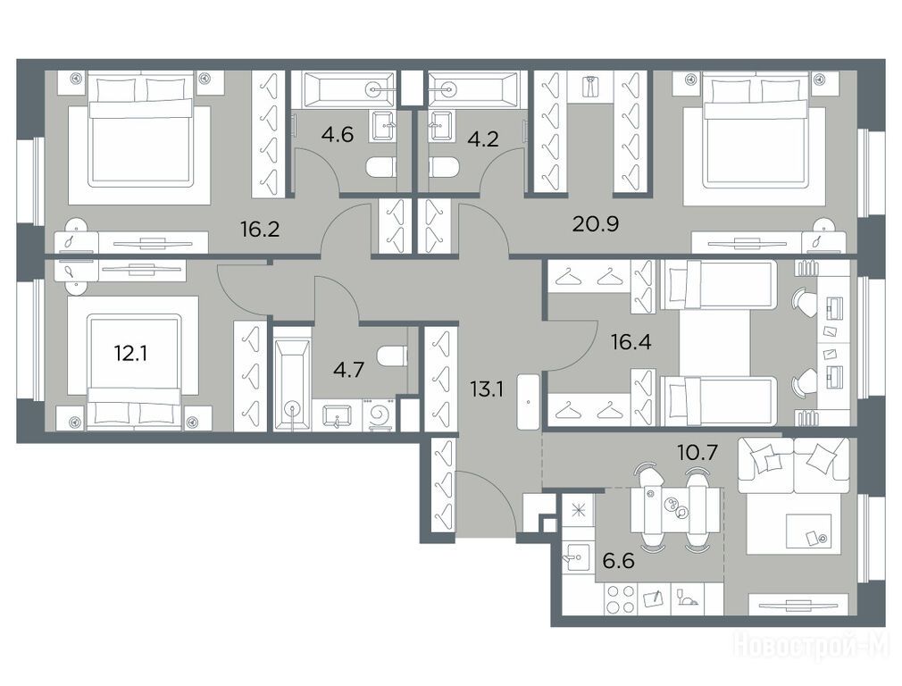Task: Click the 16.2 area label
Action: coord(260,229)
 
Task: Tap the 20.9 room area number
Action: coord(596,223)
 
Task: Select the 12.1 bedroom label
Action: coord(130,353)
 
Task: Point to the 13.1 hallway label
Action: coord(487,389)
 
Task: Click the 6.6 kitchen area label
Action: coord(618,560)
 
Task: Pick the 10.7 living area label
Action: coord(697,453)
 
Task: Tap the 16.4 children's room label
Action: coord(631,342)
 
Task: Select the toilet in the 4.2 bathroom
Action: coord(444,167)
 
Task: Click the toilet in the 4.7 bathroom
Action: coord(392,356)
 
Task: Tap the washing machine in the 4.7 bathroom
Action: coord(378,415)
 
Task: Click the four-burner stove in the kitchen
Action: coord(620,599)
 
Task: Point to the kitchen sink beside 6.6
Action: coord(576,557)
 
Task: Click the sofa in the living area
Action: coord(794,465)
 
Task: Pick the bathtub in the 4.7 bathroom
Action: coord(293,378)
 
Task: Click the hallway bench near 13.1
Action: coord(529,400)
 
